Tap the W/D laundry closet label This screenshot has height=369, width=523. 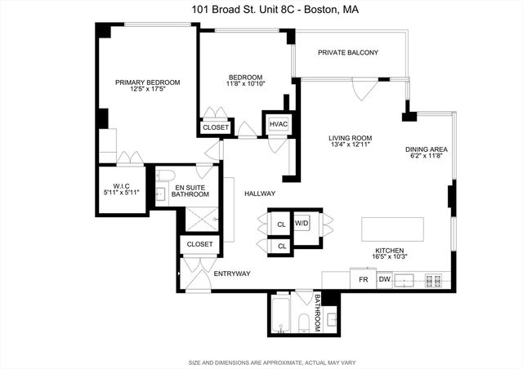click(x=302, y=223)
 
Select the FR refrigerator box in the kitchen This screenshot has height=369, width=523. click(x=363, y=280)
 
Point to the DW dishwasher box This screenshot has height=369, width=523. click(x=384, y=280)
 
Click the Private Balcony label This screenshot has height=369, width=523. click(x=349, y=53)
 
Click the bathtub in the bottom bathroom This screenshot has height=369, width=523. click(x=280, y=317)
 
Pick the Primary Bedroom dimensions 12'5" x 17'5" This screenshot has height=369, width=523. click(x=147, y=90)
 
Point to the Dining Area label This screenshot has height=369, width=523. click(x=426, y=149)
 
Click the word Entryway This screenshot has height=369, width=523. click(x=231, y=273)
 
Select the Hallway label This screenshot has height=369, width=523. click(x=260, y=193)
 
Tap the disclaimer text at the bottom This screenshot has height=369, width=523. click(x=261, y=361)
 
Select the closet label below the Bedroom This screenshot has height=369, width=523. click(x=216, y=127)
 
